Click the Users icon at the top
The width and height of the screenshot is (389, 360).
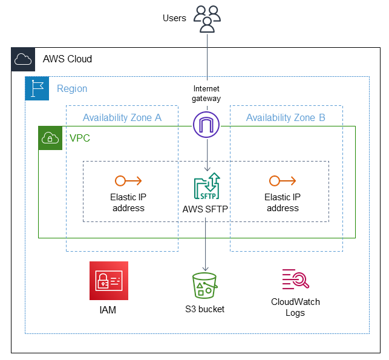click(x=207, y=18)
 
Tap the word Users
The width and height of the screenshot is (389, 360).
click(x=174, y=18)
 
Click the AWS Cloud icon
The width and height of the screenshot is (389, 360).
click(x=23, y=59)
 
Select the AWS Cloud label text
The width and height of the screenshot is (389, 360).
click(x=67, y=59)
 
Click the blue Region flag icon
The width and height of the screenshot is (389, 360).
click(x=36, y=88)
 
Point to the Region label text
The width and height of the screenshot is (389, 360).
click(x=72, y=89)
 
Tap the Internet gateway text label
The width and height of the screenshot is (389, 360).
click(x=207, y=94)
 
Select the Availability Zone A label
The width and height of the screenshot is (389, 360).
click(x=122, y=117)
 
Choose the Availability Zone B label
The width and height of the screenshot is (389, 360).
click(x=285, y=117)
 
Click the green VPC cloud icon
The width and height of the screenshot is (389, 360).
click(x=50, y=139)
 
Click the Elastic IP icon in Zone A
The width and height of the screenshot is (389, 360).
click(x=128, y=180)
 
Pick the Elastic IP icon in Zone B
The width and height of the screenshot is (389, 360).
click(x=283, y=180)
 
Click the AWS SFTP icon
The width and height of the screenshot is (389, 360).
click(x=207, y=187)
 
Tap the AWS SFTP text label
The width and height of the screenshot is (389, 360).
click(x=207, y=209)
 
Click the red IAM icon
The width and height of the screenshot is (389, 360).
click(x=109, y=281)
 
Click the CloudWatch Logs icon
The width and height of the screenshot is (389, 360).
click(x=295, y=279)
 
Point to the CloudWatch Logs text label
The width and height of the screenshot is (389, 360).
click(x=295, y=307)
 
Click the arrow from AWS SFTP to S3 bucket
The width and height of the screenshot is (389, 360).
click(x=206, y=242)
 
